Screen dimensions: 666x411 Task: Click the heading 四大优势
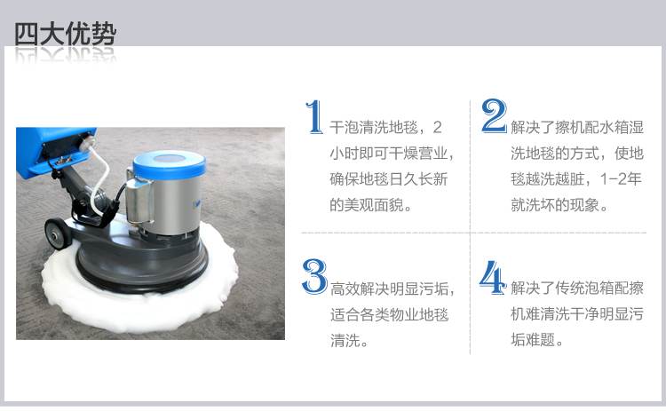click(65, 34)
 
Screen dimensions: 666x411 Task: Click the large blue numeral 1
click(313, 117)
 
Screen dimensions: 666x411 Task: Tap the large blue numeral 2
click(494, 116)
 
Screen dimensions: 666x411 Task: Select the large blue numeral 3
click(314, 276)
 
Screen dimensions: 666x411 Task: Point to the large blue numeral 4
click(493, 278)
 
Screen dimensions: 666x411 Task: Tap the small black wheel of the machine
click(59, 233)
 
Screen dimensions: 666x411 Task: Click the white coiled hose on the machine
click(100, 178)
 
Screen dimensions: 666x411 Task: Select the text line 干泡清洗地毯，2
click(385, 127)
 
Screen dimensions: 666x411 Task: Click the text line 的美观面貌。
click(371, 205)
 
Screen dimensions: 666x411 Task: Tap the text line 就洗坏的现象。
click(559, 205)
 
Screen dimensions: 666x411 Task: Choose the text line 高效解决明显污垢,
click(392, 288)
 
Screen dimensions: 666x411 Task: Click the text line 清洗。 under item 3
click(349, 340)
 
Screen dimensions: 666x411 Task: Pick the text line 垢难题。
click(537, 340)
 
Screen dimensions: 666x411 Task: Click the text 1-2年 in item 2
click(621, 179)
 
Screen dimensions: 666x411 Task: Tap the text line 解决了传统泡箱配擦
click(577, 288)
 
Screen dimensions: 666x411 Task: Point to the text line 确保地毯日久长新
click(389, 179)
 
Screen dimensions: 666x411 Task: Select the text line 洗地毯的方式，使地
click(577, 154)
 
